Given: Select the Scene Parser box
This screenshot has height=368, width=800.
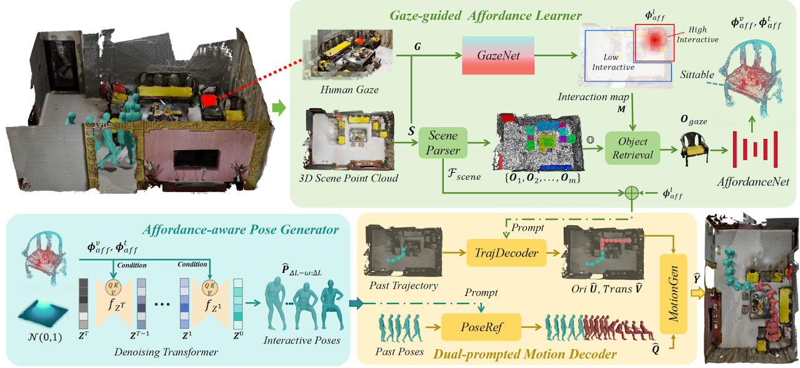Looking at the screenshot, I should pos(443,143).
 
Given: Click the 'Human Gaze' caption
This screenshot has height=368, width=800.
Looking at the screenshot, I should pos(349,90).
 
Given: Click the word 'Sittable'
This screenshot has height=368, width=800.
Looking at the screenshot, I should pos(697,75).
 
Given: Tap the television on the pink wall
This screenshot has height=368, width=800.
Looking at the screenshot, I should pos(191,160).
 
